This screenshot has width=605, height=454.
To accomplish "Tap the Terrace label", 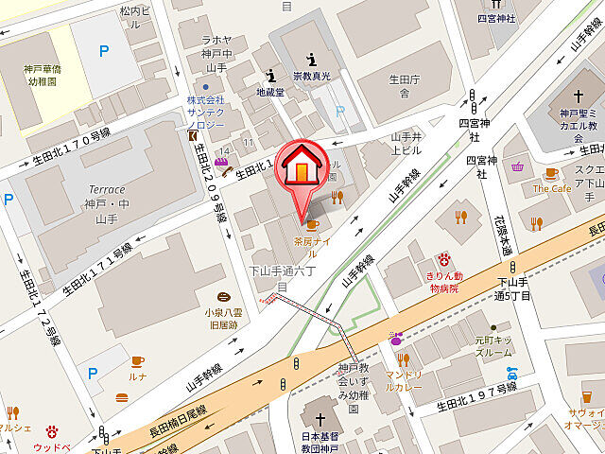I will pos(106,189).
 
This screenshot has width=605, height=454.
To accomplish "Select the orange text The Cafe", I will pos(552,188).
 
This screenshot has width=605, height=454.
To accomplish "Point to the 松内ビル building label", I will pos(135,11).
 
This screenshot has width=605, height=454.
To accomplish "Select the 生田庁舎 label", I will pos(403,86).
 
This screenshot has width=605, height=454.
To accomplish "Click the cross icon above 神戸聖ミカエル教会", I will pos(578,96).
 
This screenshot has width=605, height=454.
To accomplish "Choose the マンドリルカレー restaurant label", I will pos(403,381).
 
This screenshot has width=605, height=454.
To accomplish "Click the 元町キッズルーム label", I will pos(493,345).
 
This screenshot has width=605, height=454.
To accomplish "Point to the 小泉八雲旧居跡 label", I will pos(224,317).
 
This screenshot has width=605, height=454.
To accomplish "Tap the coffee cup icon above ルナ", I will pos(137,361).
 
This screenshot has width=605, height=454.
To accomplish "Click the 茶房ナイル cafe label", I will pos(312,241).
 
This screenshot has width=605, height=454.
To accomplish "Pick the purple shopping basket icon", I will pos(517,167).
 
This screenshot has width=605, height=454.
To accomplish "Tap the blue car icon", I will pos(512,372).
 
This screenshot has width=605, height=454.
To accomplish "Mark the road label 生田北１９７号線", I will pos(477,396).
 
